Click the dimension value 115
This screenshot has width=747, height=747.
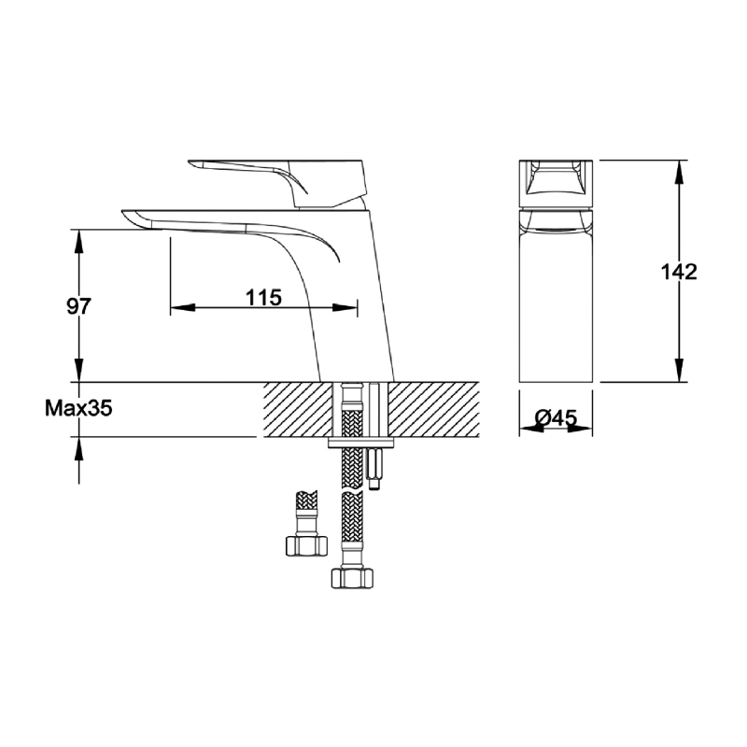pyautogui.click(x=264, y=298)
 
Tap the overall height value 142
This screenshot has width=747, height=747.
pyautogui.click(x=678, y=272)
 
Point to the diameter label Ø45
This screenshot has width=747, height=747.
pyautogui.click(x=558, y=419)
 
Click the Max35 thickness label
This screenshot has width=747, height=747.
pyautogui.click(x=78, y=408)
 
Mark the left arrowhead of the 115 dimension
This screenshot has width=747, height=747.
pyautogui.click(x=177, y=307)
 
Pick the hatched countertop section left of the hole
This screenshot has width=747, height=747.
pyautogui.click(x=297, y=409)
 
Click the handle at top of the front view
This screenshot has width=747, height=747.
pyautogui.click(x=558, y=184)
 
